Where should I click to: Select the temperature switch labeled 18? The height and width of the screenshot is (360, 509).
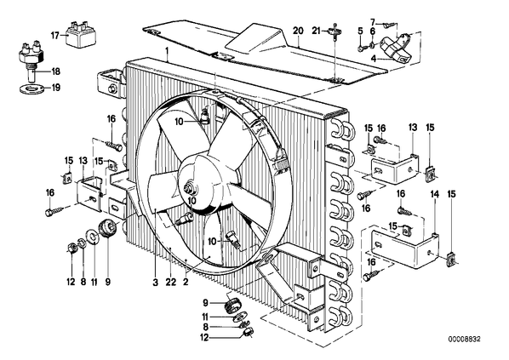(32, 60)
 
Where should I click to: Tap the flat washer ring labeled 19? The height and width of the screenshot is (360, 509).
(32, 88)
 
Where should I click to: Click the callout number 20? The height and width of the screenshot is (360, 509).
(298, 31)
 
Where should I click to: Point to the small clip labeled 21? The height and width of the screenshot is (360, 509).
(335, 31)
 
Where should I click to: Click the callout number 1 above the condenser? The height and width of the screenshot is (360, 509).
(167, 51)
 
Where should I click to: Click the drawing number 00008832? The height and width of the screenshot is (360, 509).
(464, 340)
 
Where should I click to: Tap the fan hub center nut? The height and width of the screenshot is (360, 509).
(188, 188)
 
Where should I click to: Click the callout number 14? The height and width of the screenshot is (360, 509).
(434, 194)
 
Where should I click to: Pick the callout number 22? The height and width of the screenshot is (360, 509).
(170, 283)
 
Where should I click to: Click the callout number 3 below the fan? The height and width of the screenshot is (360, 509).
(155, 283)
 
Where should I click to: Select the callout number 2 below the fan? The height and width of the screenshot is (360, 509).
(186, 283)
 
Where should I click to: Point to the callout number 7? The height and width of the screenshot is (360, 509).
(373, 22)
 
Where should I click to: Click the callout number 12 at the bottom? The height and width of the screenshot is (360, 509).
(204, 338)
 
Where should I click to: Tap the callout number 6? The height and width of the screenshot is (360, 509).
(373, 31)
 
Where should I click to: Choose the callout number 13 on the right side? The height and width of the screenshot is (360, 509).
(412, 127)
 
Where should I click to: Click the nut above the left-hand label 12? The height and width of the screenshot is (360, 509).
(72, 249)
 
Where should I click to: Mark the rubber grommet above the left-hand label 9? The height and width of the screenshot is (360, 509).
(107, 228)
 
